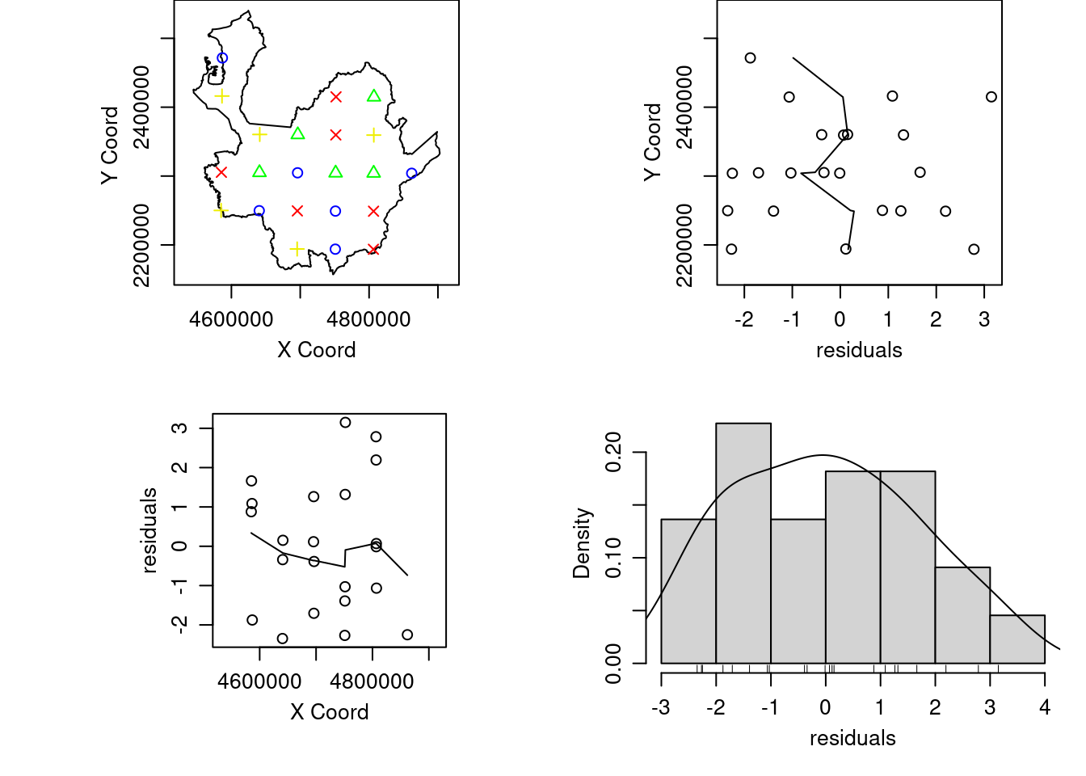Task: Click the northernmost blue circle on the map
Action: point(222,58)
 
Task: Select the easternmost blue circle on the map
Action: point(411,173)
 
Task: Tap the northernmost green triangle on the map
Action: point(373,96)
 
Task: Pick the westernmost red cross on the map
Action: point(221,172)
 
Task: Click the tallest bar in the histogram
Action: point(743,542)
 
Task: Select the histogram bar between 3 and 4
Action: point(1017,639)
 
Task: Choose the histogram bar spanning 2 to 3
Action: point(962,614)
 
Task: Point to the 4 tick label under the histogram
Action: point(1045,708)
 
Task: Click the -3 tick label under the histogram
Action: point(661,708)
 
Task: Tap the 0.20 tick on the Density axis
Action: point(614,453)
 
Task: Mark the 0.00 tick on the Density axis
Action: point(614,663)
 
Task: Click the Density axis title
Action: point(582,543)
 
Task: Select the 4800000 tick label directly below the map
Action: point(368,319)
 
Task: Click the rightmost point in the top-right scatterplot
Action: point(991,97)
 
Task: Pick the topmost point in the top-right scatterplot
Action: point(751,58)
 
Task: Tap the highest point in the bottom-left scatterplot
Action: point(345,423)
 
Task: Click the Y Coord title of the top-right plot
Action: point(652,142)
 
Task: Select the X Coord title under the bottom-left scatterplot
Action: point(330,712)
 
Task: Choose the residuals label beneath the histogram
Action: point(852,738)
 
